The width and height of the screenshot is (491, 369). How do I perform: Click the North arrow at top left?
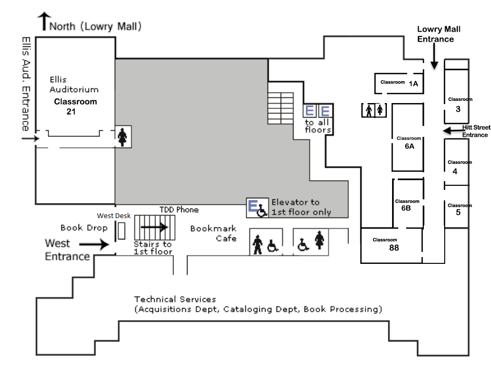pos(43,22)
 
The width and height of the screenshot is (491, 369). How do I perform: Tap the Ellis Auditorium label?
pos(73,84)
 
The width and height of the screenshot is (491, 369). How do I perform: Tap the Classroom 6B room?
pos(407,204)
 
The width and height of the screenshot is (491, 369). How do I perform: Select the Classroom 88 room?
pos(391,245)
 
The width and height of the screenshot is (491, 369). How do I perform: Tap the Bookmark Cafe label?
pos(213,233)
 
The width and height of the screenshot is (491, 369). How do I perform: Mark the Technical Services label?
pos(175,299)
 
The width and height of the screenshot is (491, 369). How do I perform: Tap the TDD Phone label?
pos(179,210)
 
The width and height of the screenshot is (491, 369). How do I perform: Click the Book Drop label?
pos(84,227)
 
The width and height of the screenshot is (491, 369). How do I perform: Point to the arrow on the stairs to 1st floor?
pos(154,227)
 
